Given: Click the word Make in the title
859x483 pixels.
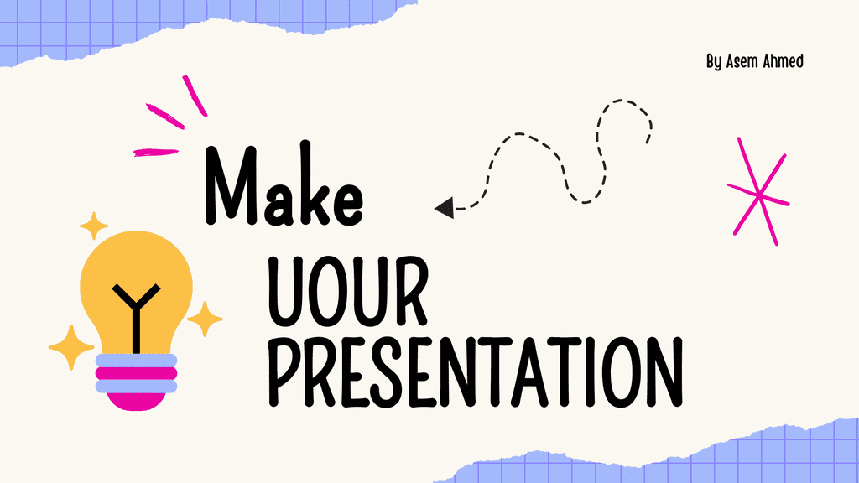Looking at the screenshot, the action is click(284, 184).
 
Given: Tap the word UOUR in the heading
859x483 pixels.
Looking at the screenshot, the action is click(347, 291).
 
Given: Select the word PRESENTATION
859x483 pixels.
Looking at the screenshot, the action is click(476, 371).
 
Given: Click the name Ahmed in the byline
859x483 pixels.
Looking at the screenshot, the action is click(784, 60).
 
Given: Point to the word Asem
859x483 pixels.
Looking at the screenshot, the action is click(742, 61).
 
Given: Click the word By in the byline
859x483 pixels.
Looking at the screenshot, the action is click(714, 62).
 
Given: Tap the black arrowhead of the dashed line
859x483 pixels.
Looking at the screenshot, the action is click(445, 208).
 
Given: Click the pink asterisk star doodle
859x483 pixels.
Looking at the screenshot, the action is click(758, 191).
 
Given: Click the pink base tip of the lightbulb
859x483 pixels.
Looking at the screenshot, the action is click(136, 402).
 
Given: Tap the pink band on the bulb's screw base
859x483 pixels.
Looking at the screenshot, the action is click(136, 373).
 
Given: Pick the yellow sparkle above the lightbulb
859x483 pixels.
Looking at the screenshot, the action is click(94, 226).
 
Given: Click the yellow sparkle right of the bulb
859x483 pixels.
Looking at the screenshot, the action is click(205, 319).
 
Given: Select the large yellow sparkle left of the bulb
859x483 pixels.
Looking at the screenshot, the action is click(71, 347).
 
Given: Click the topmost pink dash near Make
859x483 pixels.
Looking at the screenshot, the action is click(195, 96).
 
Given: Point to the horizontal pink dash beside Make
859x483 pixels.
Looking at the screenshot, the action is click(156, 153).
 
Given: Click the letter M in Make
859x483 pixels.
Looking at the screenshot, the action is click(231, 185).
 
